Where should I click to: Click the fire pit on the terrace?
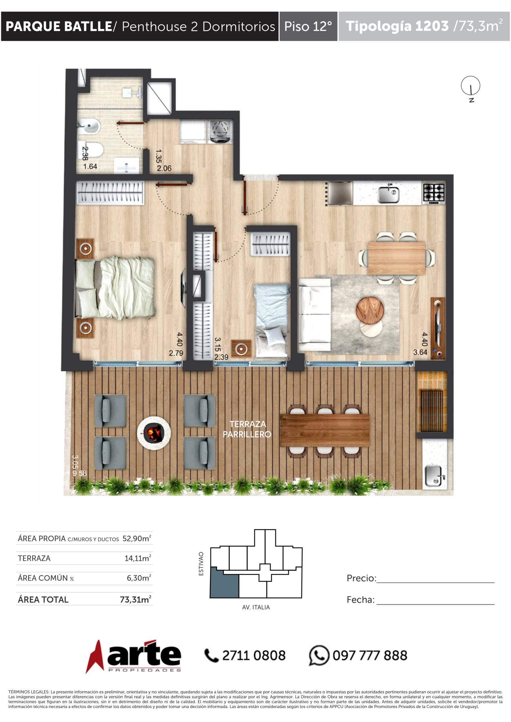pyautogui.click(x=154, y=433)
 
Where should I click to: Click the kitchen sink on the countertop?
pyautogui.click(x=389, y=194)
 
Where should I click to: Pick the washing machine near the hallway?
pyautogui.click(x=220, y=131)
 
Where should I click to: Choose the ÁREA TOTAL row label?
pyautogui.click(x=43, y=600)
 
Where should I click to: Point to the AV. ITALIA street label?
pyautogui.click(x=256, y=607)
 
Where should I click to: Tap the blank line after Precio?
pyautogui.click(x=435, y=582)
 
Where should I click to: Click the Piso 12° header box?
pyautogui.click(x=308, y=27)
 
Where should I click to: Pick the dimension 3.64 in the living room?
pyautogui.click(x=420, y=352)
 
